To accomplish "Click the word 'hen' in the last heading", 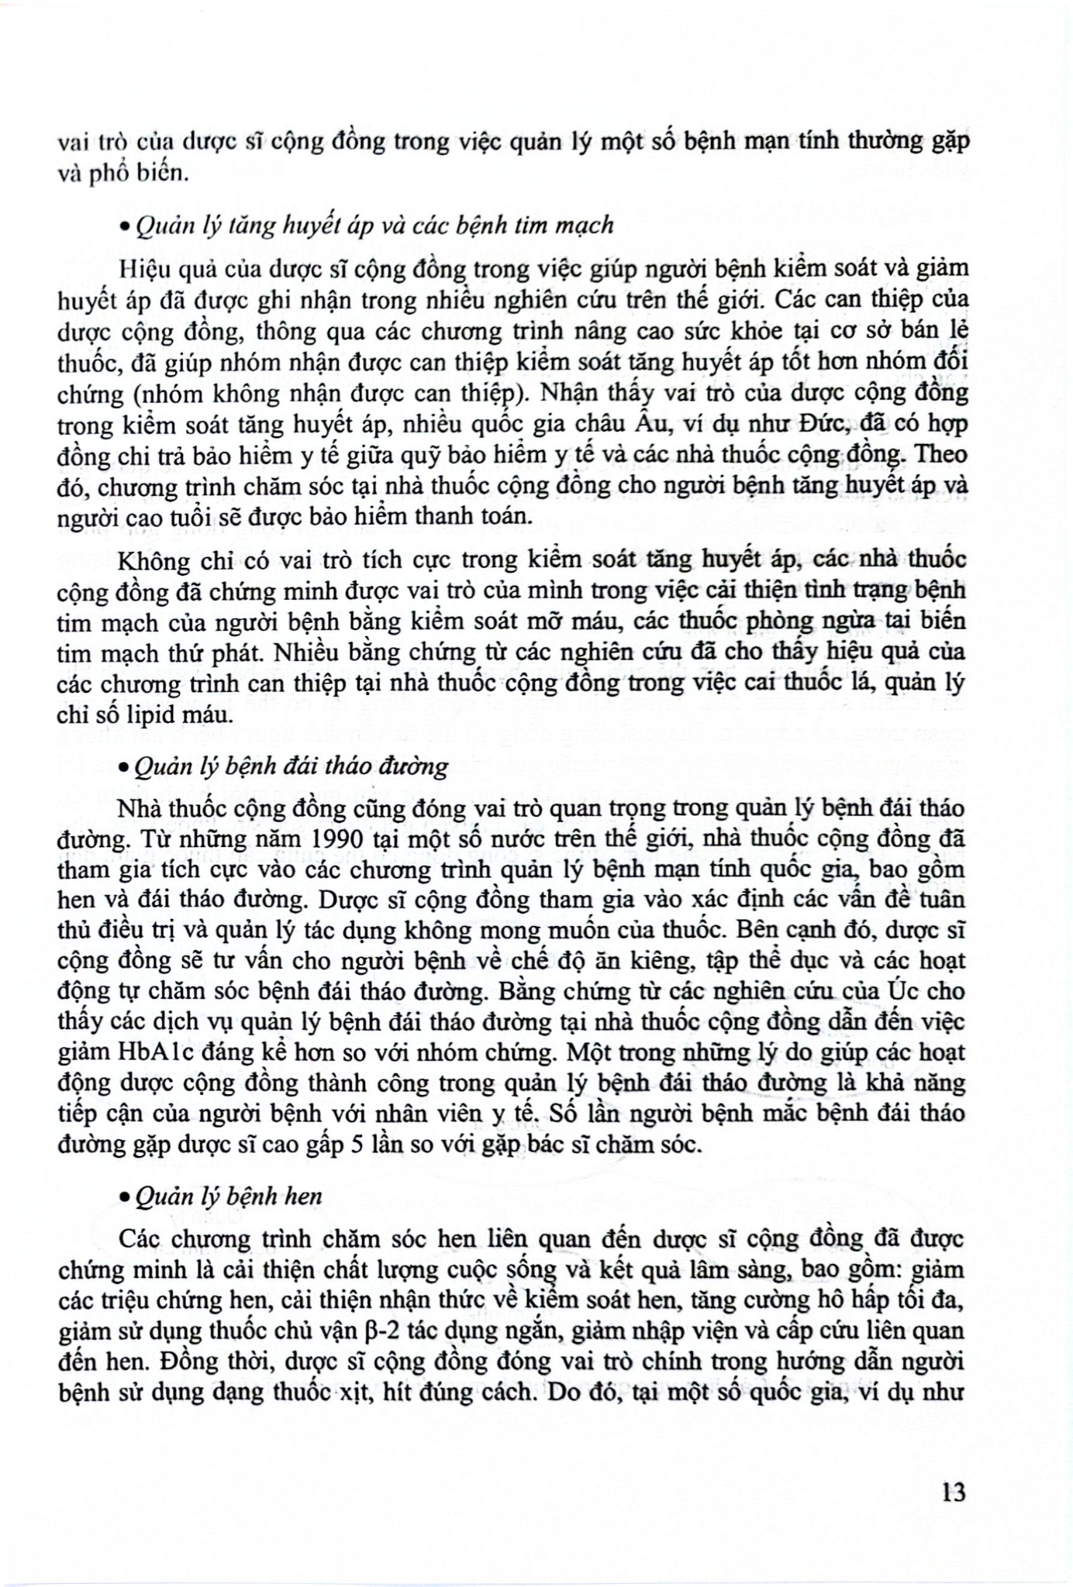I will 303,1196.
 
